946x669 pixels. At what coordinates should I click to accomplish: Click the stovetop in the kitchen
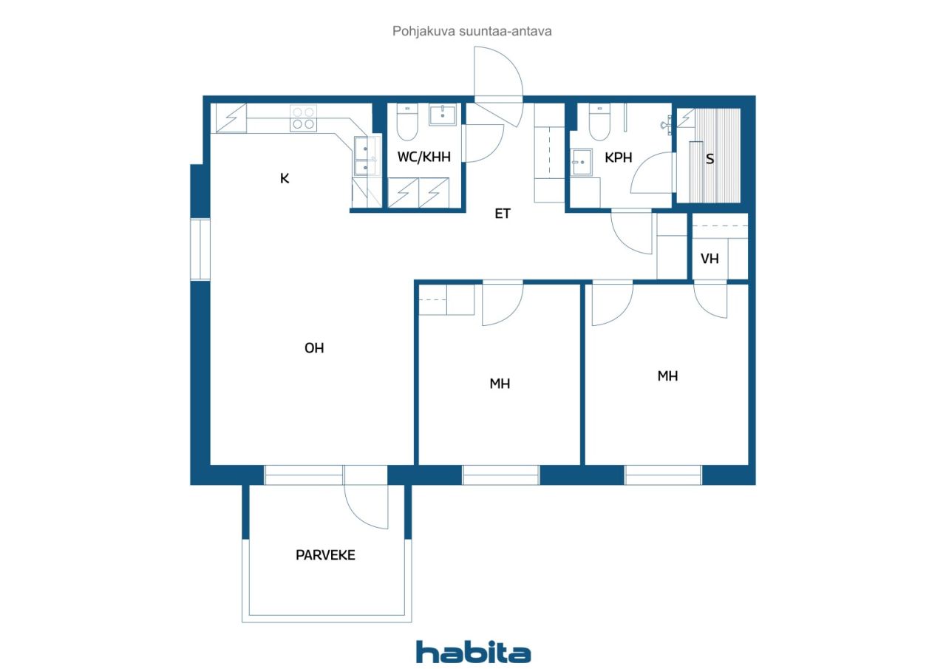click(303, 118)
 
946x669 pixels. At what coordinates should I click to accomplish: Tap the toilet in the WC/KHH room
click(407, 122)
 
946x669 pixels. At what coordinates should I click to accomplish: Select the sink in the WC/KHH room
click(443, 115)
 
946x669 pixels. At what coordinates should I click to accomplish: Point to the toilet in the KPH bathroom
click(599, 122)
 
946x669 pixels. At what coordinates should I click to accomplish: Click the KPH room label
click(619, 158)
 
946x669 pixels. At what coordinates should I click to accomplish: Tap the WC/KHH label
click(423, 157)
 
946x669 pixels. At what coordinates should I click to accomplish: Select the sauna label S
click(710, 159)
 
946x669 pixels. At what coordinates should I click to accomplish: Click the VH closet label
click(709, 259)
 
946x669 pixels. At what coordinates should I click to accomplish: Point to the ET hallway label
click(502, 214)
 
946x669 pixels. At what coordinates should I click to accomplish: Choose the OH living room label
click(314, 348)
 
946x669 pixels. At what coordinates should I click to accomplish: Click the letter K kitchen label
click(285, 178)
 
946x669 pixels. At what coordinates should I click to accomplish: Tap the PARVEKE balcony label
click(325, 555)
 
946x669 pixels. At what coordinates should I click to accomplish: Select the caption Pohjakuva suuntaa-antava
click(472, 31)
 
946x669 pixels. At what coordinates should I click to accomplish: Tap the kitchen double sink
click(366, 155)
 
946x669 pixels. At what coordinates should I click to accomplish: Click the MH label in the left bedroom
click(500, 384)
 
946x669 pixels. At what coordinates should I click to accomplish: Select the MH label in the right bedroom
click(667, 376)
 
